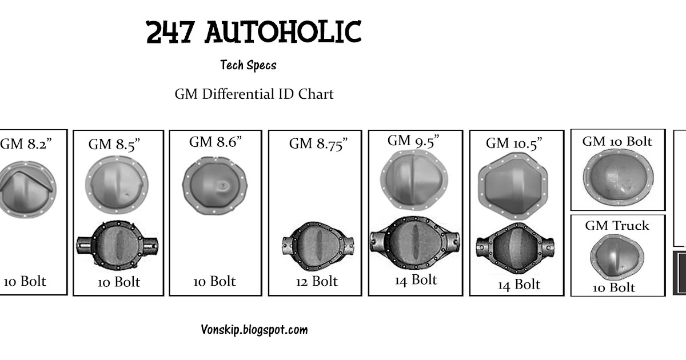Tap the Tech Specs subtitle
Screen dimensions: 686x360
click(x=248, y=65)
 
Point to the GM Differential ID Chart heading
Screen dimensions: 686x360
click(x=254, y=94)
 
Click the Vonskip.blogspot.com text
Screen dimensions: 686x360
click(x=254, y=330)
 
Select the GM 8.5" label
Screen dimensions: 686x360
click(x=114, y=144)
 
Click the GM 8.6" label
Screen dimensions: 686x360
click(x=216, y=142)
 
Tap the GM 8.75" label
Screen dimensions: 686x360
click(x=318, y=143)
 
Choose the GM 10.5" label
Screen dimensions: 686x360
click(x=513, y=142)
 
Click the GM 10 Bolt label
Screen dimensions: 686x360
click(x=617, y=141)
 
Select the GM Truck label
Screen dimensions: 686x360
click(x=617, y=225)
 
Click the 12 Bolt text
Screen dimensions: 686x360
click(x=316, y=281)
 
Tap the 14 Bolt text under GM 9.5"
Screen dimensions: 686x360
click(x=416, y=279)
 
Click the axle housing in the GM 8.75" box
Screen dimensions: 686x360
click(x=316, y=245)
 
